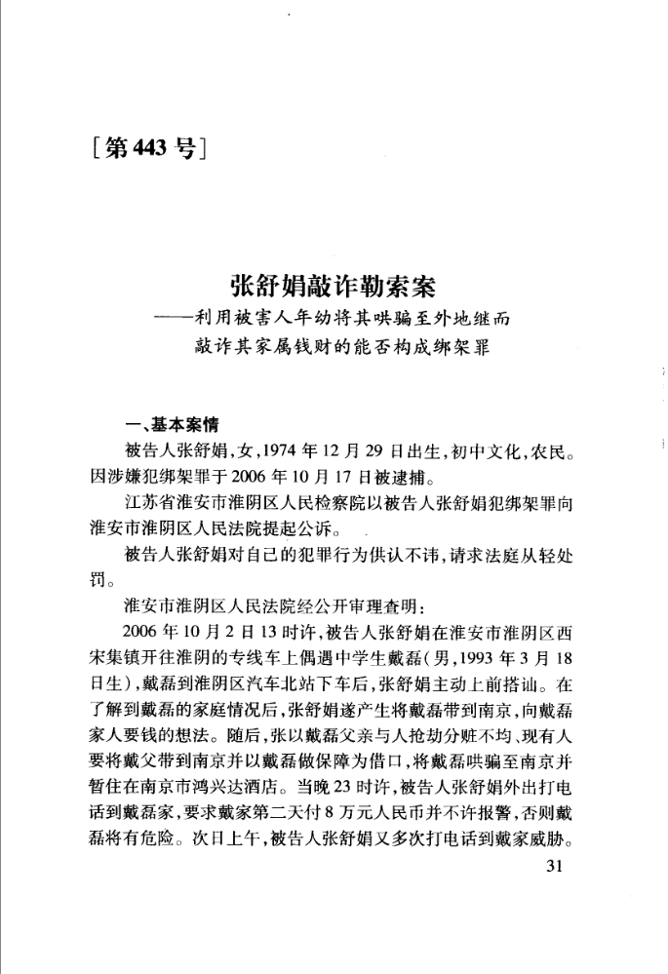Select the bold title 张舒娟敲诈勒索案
pyautogui.click(x=333, y=288)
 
